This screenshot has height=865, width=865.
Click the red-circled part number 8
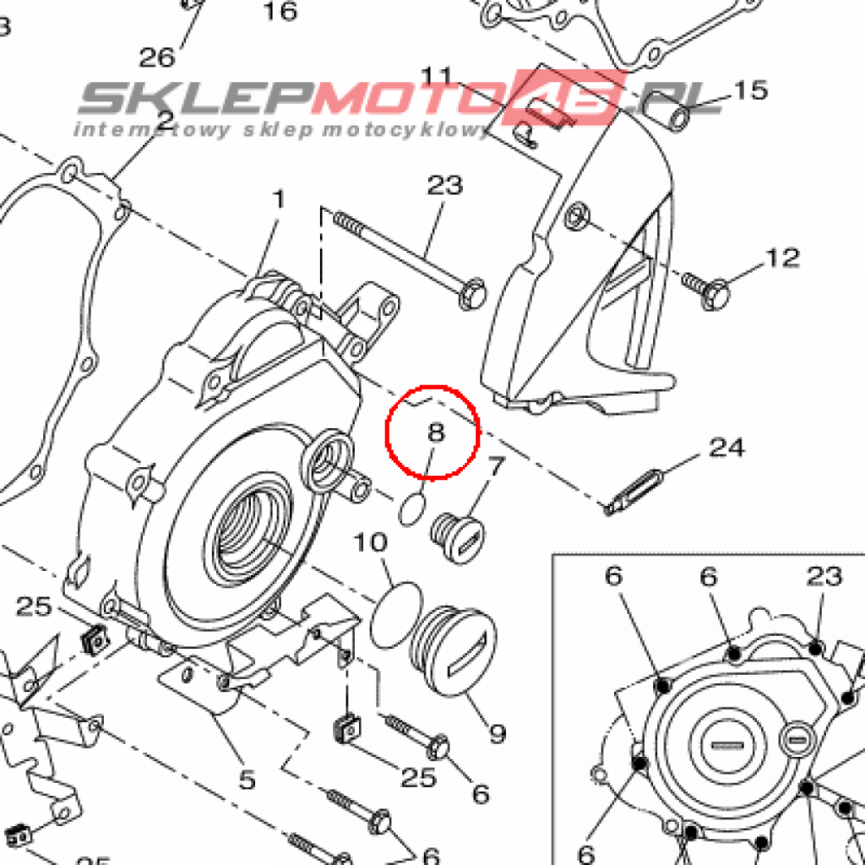pyautogui.click(x=435, y=433)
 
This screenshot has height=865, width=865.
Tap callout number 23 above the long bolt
pyautogui.click(x=444, y=185)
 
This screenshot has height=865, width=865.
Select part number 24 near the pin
pyautogui.click(x=726, y=447)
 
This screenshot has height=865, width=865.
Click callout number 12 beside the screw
pyautogui.click(x=782, y=257)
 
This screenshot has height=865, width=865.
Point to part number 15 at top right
pyautogui.click(x=749, y=90)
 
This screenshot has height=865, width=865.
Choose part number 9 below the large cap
pyautogui.click(x=497, y=732)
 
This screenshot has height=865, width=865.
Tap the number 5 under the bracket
pyautogui.click(x=246, y=779)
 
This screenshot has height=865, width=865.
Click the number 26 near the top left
pyautogui.click(x=157, y=57)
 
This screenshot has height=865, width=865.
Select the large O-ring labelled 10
pyautogui.click(x=395, y=614)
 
